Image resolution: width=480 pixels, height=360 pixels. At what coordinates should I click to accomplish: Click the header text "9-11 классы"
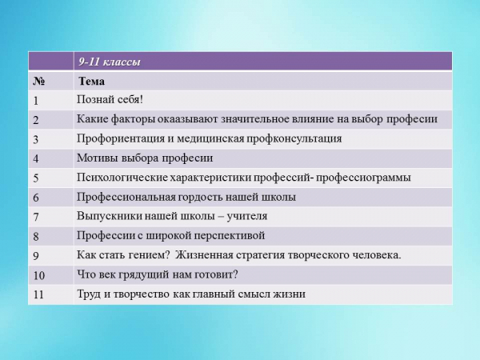[x=110, y=62]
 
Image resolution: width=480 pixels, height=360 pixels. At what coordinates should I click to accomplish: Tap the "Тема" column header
[x=91, y=81]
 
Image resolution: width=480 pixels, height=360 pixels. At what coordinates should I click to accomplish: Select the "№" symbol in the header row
[x=39, y=82]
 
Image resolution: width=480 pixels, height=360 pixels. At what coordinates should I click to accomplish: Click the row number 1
[x=36, y=101]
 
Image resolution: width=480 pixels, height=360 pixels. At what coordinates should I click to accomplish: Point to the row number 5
[x=36, y=178]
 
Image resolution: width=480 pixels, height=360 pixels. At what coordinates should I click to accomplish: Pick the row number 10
[x=39, y=275]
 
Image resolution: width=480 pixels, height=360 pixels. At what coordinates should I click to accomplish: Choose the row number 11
[x=38, y=294]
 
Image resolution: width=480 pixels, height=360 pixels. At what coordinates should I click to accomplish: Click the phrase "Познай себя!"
[x=110, y=100]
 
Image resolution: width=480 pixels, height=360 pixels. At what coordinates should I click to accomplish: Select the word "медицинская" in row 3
[x=210, y=138]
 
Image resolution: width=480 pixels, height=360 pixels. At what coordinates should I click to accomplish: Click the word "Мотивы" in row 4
[x=97, y=158]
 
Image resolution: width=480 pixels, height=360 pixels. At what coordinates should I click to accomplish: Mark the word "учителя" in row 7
[x=247, y=217]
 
